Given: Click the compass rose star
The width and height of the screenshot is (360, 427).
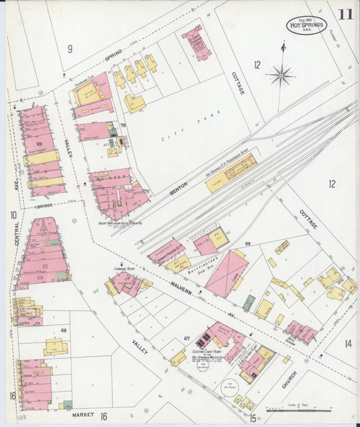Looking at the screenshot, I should (281, 74).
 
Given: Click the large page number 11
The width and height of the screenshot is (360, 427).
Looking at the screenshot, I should (345, 15).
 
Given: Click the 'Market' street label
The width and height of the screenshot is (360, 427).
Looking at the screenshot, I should (82, 414).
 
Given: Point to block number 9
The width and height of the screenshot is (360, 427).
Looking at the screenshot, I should (70, 48).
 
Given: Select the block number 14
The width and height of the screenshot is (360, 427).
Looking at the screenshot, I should (348, 343).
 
